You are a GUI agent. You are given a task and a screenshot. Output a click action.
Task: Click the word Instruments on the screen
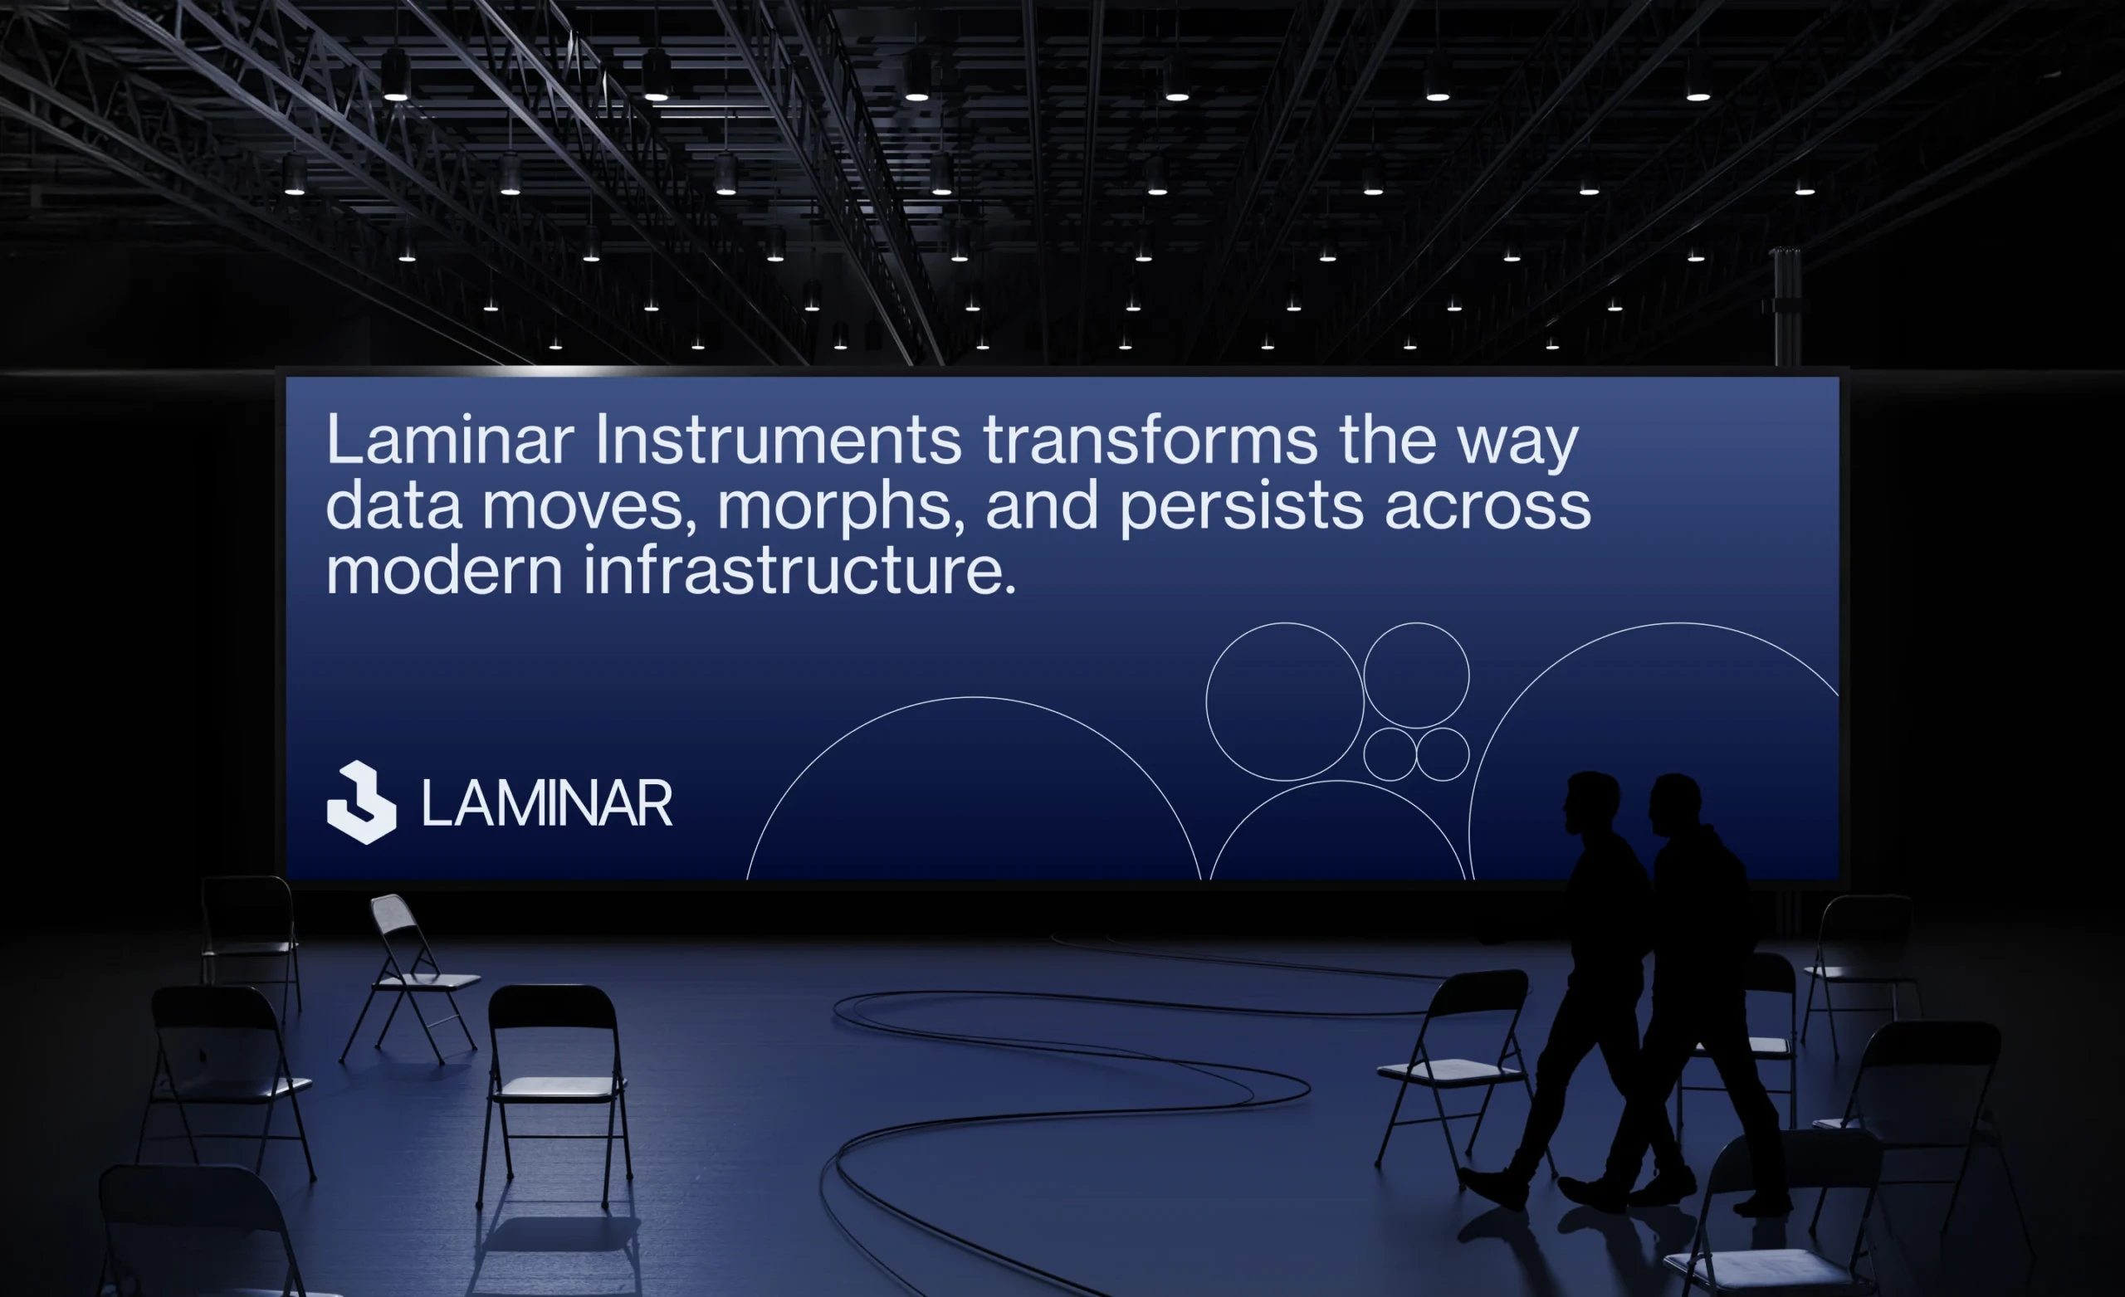tap(777, 440)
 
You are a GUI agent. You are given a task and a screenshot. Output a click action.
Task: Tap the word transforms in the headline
tap(1150, 440)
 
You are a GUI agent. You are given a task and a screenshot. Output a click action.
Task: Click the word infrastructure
tap(800, 570)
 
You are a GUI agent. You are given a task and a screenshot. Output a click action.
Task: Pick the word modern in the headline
tap(444, 570)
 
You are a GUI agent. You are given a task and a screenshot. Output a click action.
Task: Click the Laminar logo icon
tap(361, 802)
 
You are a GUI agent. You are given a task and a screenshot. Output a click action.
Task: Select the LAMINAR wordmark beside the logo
tap(547, 804)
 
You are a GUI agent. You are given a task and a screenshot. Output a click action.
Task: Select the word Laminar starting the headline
tap(449, 440)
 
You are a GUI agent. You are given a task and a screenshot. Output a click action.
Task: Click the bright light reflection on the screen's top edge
tap(552, 371)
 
